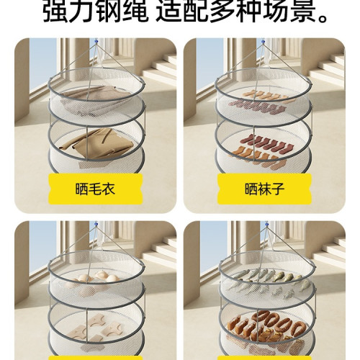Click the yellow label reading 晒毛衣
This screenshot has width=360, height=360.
point(95,190)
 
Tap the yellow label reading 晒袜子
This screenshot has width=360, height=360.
point(264,190)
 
